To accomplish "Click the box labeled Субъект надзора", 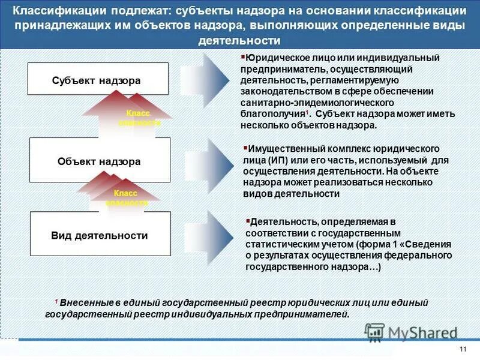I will coord(100,80).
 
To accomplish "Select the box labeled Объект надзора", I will coord(100,161).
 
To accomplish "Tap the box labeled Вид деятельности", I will coord(100,235).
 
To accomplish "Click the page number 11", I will coord(462,350).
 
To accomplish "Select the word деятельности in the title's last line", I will coord(239,41).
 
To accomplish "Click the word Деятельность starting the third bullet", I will coord(281,223).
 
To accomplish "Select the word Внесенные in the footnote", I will coord(85,303).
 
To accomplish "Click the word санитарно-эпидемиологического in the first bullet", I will coord(305,102).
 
